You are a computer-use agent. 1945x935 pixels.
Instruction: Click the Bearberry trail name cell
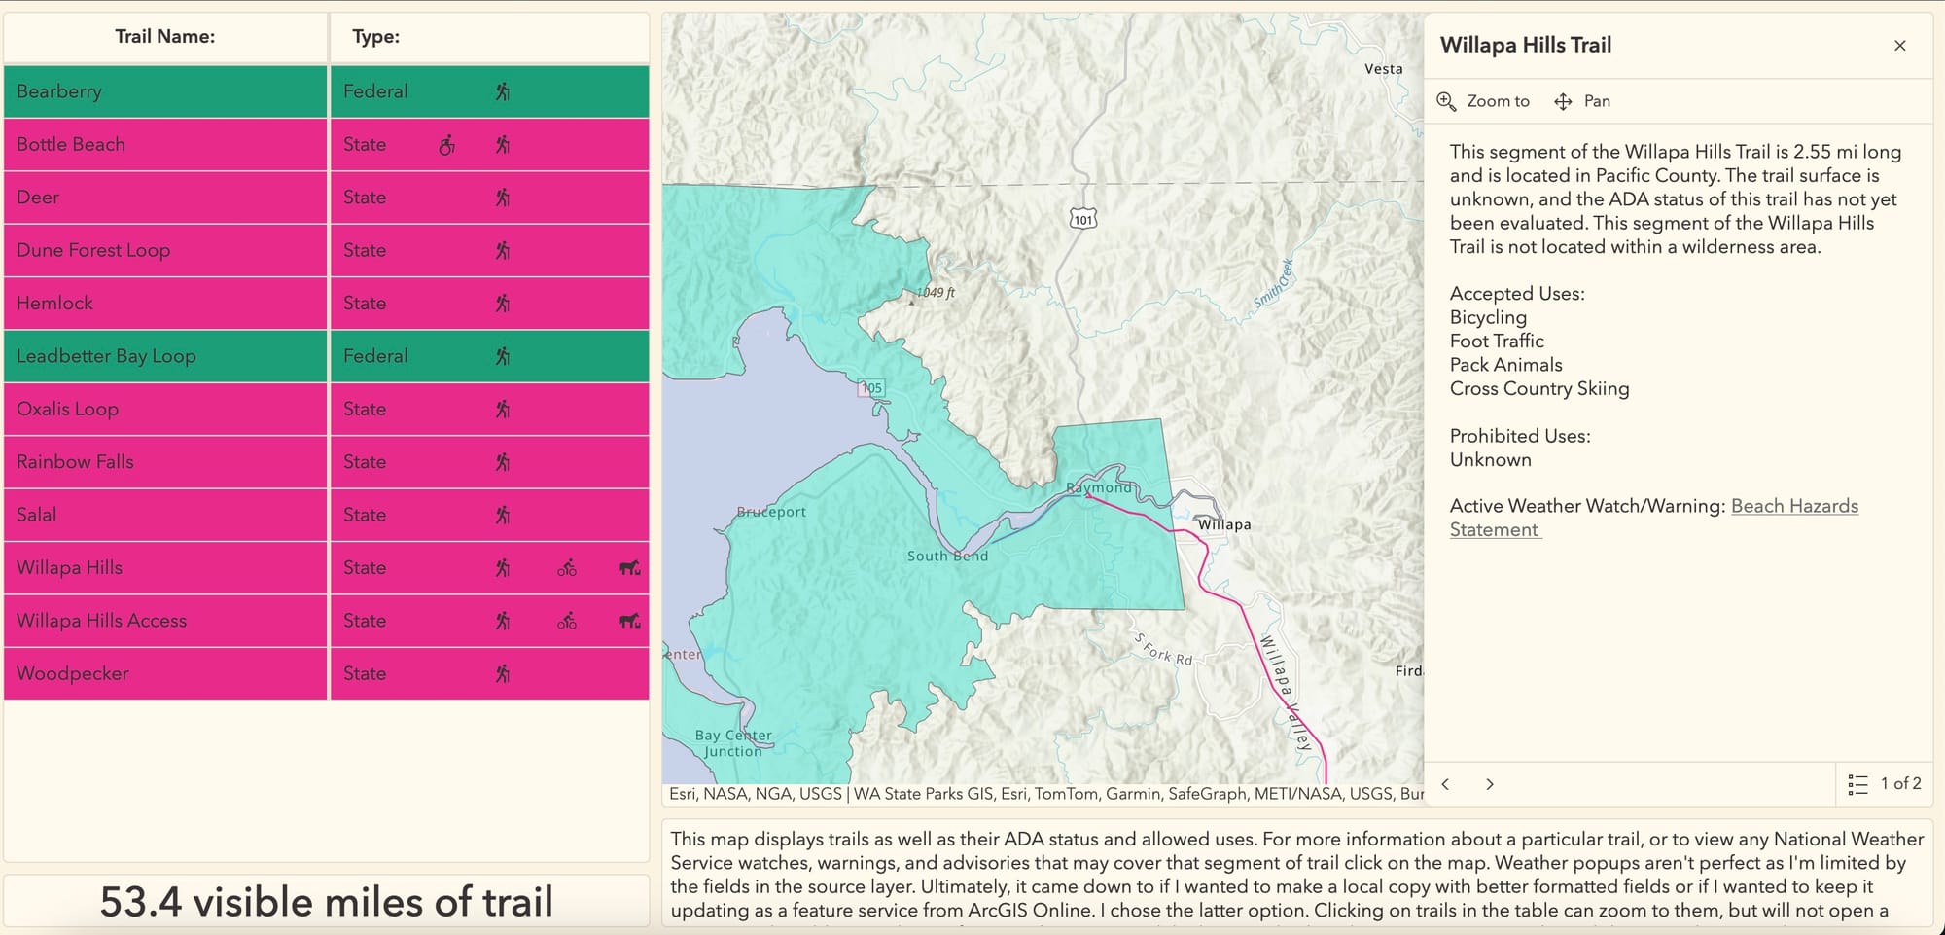click(x=59, y=91)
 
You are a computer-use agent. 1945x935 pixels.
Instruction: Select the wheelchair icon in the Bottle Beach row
click(x=446, y=145)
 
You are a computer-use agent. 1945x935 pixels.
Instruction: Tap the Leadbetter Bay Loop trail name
click(x=106, y=356)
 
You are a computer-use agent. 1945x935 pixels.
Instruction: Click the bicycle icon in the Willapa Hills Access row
click(x=567, y=621)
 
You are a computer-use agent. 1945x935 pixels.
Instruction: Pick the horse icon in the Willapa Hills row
click(x=630, y=568)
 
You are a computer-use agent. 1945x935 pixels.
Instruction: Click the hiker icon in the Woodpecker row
click(x=502, y=673)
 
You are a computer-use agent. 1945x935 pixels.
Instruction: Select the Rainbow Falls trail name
click(x=75, y=462)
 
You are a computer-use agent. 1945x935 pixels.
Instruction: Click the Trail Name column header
click(x=164, y=37)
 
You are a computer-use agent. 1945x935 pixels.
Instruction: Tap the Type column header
click(x=375, y=37)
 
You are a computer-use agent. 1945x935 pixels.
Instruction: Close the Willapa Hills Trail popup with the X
click(x=1899, y=46)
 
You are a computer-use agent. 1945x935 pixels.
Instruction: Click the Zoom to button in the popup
click(x=1484, y=101)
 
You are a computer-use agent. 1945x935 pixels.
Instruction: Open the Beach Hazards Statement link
click(x=1793, y=507)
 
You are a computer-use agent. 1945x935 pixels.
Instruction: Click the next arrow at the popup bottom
click(x=1489, y=784)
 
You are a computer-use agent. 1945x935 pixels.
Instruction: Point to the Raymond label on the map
click(x=1098, y=487)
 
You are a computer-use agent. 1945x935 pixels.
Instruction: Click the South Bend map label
click(x=947, y=556)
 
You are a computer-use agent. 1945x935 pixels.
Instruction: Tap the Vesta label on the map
click(x=1383, y=69)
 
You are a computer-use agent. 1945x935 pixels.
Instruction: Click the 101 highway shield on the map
click(x=1082, y=219)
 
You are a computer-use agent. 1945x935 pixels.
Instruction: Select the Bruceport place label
click(x=771, y=512)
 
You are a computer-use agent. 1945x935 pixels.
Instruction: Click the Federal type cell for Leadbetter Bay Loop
click(x=375, y=356)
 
